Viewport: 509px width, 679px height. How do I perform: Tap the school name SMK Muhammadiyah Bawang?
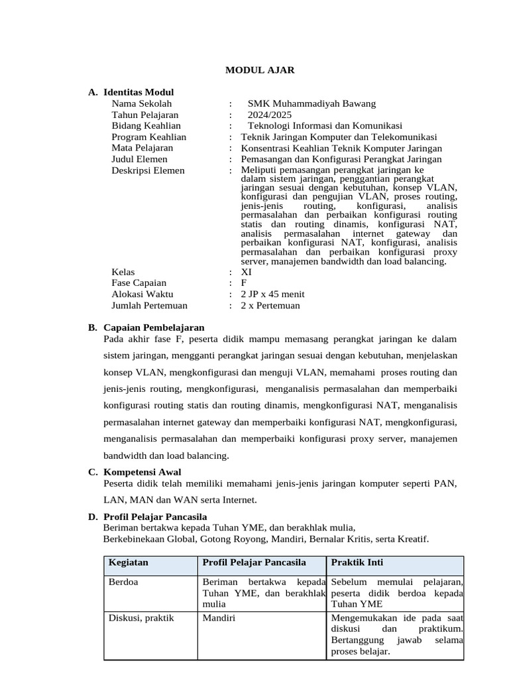coord(311,103)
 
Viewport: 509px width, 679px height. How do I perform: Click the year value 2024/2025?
coord(269,115)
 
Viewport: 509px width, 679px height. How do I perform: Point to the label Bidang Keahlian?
coord(146,126)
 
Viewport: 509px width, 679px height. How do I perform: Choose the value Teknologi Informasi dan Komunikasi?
coord(325,126)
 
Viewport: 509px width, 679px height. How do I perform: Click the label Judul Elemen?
coord(139,159)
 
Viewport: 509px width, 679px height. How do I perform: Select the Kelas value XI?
coord(247,272)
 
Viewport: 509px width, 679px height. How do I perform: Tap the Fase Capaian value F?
coord(244,283)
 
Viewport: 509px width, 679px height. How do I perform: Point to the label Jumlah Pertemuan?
coord(149,306)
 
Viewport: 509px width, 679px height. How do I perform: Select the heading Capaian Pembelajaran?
coord(154,328)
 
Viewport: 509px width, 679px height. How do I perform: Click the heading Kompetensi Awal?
coord(142,472)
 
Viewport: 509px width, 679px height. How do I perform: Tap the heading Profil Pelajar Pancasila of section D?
coord(155,517)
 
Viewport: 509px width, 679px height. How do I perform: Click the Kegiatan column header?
coord(129,563)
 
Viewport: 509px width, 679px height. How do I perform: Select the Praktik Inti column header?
coord(357,563)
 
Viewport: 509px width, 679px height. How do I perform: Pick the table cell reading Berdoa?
coord(123,582)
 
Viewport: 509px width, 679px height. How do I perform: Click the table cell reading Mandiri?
coord(219,618)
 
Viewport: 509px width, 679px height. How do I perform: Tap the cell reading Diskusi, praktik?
coord(141,618)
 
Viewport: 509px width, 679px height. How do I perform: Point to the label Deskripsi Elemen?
coord(148,170)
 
